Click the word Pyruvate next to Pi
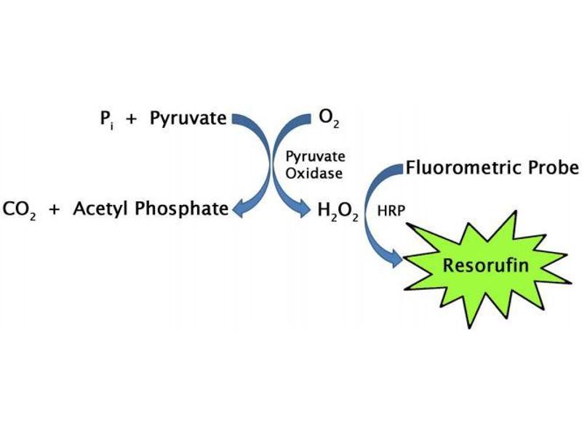coord(188,118)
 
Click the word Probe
coord(556,168)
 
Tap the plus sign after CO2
coord(54,210)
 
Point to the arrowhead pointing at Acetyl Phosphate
coord(238,209)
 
